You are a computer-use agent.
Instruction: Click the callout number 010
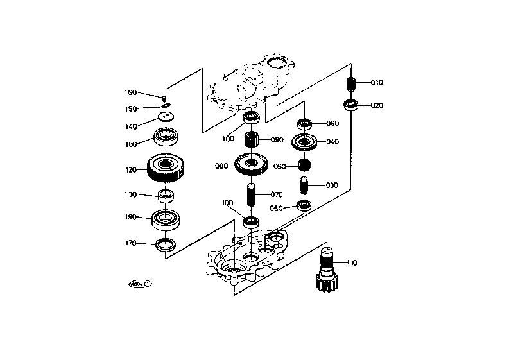pyautogui.click(x=377, y=83)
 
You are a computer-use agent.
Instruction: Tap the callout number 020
pyautogui.click(x=377, y=106)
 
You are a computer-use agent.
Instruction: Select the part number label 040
pyautogui.click(x=332, y=142)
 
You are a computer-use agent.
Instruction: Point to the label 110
pyautogui.click(x=352, y=262)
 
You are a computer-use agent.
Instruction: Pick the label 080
pyautogui.click(x=221, y=166)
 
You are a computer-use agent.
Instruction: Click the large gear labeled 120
pyautogui.click(x=166, y=168)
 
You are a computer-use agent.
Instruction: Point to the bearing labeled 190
pyautogui.click(x=166, y=218)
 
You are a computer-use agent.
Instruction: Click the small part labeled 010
pyautogui.click(x=351, y=84)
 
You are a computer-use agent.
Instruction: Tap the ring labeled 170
pyautogui.click(x=166, y=243)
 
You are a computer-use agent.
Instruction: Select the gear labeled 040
pyautogui.click(x=304, y=142)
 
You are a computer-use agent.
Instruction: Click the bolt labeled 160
pyautogui.click(x=166, y=94)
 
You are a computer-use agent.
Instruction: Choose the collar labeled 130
pyautogui.click(x=166, y=195)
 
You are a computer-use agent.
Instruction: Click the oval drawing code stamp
pyautogui.click(x=140, y=283)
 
